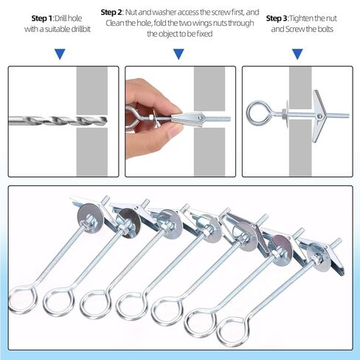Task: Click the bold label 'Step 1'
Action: (x=42, y=18)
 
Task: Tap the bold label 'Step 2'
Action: (x=111, y=13)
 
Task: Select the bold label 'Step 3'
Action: (x=277, y=18)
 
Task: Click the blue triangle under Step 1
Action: (x=60, y=54)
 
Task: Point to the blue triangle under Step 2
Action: (x=179, y=54)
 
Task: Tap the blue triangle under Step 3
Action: (x=297, y=54)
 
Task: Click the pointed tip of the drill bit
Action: (x=107, y=120)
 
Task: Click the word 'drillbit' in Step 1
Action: (x=80, y=30)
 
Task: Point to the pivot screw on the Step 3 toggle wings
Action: (x=319, y=116)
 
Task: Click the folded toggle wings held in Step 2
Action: (x=187, y=118)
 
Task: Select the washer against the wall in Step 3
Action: (x=287, y=114)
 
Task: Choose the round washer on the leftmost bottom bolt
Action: (x=88, y=217)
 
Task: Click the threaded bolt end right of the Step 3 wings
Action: (x=337, y=115)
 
